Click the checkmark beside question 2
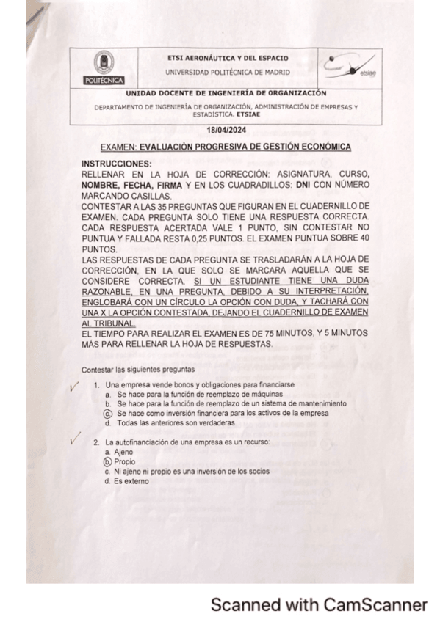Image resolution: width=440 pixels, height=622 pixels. coord(73,440)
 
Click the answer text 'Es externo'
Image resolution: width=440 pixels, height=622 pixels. coord(132,481)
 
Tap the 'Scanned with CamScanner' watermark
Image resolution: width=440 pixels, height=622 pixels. coord(319,604)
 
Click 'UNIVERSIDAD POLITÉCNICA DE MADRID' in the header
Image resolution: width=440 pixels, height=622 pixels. coord(227,72)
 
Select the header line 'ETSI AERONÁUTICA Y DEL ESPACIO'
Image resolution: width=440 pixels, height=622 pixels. coord(228,58)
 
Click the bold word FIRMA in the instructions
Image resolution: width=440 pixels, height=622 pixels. coord(167,186)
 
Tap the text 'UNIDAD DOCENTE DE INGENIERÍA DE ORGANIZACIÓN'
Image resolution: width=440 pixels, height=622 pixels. coord(226,94)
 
